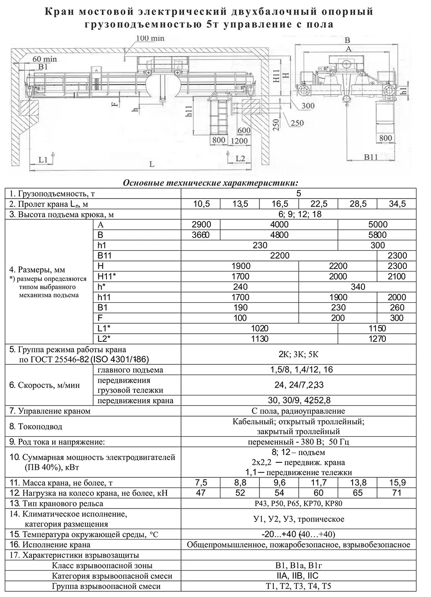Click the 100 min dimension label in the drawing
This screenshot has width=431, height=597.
tap(150, 38)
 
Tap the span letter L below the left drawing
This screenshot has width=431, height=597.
tap(152, 164)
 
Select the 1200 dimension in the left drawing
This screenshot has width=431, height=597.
tap(239, 140)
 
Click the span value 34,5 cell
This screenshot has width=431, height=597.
tap(397, 204)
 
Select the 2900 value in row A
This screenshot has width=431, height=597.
tap(201, 224)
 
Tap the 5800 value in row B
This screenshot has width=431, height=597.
tap(377, 235)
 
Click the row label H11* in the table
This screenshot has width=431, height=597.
tap(107, 277)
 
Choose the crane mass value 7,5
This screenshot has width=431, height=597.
tap(201, 483)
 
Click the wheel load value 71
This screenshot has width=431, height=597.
tap(397, 493)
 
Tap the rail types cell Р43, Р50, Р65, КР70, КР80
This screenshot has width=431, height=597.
tap(298, 503)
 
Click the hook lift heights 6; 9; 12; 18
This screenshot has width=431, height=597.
tap(298, 214)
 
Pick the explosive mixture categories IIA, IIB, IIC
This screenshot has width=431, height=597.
tap(298, 576)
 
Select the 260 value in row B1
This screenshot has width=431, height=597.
tap(397, 308)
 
